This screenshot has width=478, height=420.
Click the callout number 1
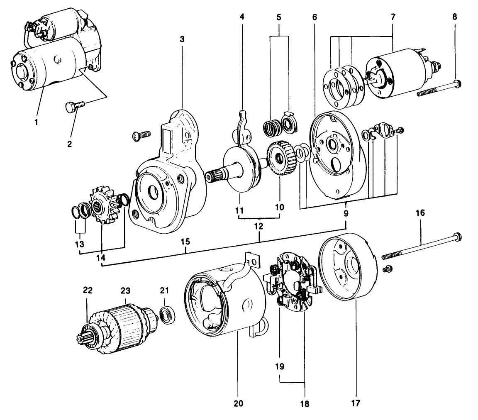[37, 122]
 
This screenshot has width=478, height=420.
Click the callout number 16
[420, 213]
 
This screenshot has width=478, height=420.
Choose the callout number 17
[356, 402]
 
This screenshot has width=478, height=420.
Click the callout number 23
[126, 291]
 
